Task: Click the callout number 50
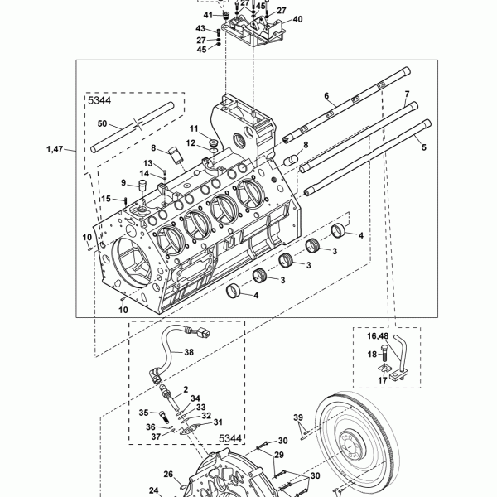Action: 102,123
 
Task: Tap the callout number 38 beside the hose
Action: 189,352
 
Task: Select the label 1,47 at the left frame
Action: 55,149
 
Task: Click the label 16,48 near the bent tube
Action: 377,336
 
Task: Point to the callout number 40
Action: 297,19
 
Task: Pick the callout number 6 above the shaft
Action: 326,96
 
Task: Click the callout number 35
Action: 143,413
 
